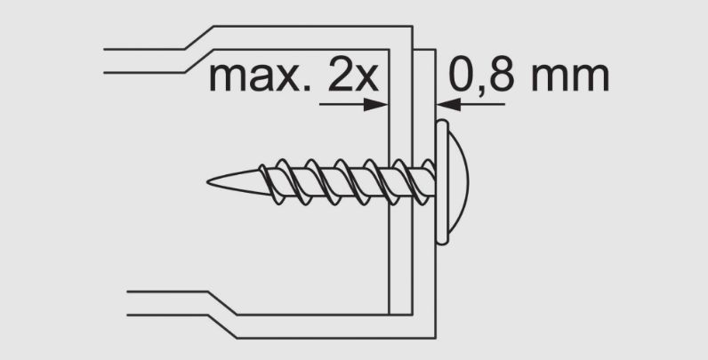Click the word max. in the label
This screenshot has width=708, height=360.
coord(260,77)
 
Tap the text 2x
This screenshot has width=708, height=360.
coord(353,76)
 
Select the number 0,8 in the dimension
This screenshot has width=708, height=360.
coord(482,76)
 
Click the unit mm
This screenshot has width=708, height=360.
coord(570,77)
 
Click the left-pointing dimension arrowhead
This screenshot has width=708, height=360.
coord(448,105)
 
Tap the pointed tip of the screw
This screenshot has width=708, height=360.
coord(208,182)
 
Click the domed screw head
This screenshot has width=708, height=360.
coord(458,182)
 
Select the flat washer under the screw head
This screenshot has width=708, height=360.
coord(442,182)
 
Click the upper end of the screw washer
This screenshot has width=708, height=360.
coord(442,121)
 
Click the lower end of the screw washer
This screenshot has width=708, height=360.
coord(442,244)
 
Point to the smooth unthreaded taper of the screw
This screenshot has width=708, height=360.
coord(237,182)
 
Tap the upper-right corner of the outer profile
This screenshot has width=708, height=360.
coord(435,49)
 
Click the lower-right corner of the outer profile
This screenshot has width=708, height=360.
coord(435,338)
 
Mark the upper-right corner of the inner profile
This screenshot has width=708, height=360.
coord(412,27)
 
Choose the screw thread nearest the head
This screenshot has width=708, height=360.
coord(428,182)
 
